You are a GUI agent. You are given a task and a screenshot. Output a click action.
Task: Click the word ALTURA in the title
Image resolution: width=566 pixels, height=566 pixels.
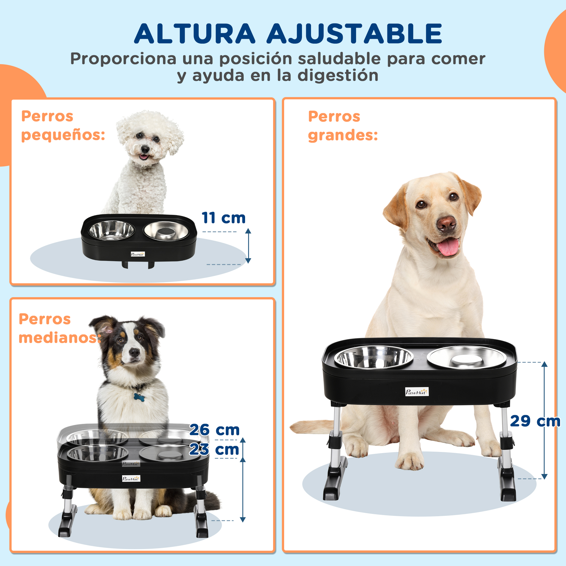coord(194,34)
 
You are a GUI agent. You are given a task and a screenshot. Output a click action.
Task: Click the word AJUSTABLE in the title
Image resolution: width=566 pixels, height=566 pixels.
coord(354,34)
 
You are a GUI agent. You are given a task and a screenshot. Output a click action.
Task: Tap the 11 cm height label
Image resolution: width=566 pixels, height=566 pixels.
coord(224,218)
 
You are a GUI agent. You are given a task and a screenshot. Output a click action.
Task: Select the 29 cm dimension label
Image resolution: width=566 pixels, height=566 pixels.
coord(535,421)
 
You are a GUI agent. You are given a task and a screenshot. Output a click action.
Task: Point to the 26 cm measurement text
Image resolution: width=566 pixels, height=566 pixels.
coord(215,430)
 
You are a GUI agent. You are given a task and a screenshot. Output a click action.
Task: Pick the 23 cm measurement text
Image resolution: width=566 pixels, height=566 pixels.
coord(214,450)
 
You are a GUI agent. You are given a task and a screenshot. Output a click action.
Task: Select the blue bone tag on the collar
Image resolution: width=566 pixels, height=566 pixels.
coord(139,397)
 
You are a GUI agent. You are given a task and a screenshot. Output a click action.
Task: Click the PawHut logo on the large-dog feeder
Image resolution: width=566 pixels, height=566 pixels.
coord(417,392)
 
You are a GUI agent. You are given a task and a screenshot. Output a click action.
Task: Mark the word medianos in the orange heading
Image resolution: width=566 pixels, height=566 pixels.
coord(60,338)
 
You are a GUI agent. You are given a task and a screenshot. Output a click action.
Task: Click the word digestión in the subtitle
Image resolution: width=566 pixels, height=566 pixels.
coord(338,76)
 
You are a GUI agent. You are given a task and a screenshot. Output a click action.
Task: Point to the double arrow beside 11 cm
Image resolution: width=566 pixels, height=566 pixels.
coord(248,246)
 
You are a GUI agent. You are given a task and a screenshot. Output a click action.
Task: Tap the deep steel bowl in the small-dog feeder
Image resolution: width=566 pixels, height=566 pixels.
coord(111,230)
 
